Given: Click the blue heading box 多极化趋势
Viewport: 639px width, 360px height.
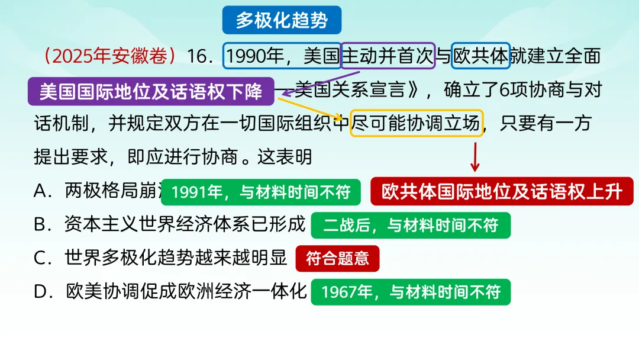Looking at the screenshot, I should pyautogui.click(x=282, y=20).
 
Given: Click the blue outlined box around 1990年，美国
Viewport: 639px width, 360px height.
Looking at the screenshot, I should pyautogui.click(x=282, y=56).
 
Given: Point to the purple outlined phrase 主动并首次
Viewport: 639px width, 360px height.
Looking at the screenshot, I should pyautogui.click(x=388, y=56).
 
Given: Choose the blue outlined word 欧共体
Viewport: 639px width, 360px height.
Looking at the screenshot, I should pyautogui.click(x=480, y=56).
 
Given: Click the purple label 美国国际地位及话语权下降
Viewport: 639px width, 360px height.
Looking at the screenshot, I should pyautogui.click(x=151, y=92).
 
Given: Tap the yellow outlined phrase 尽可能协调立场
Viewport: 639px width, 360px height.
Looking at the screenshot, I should pyautogui.click(x=417, y=124).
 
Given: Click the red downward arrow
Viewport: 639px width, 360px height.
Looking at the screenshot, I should pyautogui.click(x=475, y=157).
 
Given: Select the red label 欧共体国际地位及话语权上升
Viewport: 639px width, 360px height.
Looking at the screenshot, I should pyautogui.click(x=502, y=192).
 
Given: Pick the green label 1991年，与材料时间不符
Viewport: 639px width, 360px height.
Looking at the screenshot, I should pyautogui.click(x=260, y=192).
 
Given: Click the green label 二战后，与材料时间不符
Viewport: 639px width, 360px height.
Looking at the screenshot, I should pyautogui.click(x=411, y=225).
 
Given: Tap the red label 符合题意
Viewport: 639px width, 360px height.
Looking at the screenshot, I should pyautogui.click(x=337, y=258).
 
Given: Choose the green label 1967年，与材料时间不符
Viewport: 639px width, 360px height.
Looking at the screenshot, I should pyautogui.click(x=411, y=291).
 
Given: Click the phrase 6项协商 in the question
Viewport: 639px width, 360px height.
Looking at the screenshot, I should pyautogui.click(x=525, y=91).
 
